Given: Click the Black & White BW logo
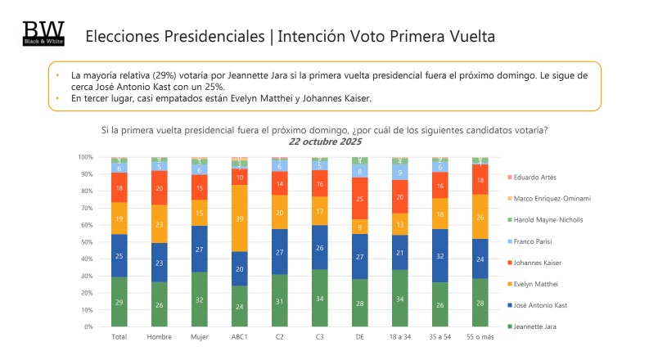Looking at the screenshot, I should pyautogui.click(x=42, y=34).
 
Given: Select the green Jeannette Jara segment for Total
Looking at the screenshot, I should pyautogui.click(x=119, y=302).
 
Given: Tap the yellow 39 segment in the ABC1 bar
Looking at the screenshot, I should pyautogui.click(x=240, y=218).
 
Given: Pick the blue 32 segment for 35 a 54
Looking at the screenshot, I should pyautogui.click(x=439, y=256).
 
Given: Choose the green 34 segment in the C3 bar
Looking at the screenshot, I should pyautogui.click(x=320, y=298).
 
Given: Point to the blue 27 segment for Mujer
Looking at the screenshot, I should pyautogui.click(x=200, y=249).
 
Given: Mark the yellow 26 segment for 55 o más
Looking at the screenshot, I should pyautogui.click(x=480, y=217).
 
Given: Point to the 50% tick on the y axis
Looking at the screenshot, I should pyautogui.click(x=86, y=242).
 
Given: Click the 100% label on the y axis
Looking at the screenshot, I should pyautogui.click(x=84, y=157).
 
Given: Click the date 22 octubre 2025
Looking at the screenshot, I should pyautogui.click(x=324, y=142).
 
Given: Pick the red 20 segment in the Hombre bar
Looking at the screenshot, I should pyautogui.click(x=160, y=187).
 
